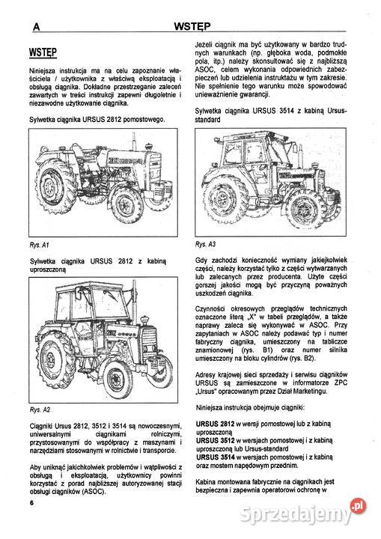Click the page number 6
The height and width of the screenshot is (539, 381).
pyautogui.click(x=32, y=523)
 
